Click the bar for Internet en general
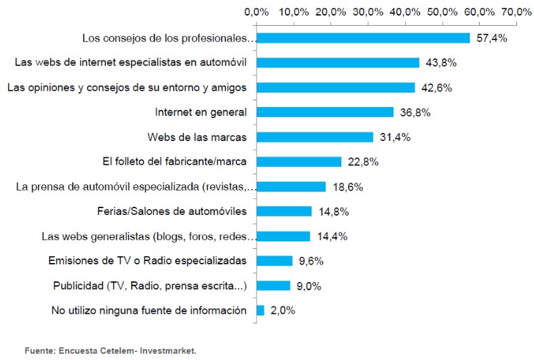324,113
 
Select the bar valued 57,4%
363,38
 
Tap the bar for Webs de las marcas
315,137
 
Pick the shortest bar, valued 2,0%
260,311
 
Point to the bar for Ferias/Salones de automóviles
284,212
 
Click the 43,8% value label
441,63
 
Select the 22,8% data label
363,162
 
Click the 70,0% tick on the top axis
516,12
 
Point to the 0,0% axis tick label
256,12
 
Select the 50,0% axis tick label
442,12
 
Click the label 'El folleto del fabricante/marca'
172,162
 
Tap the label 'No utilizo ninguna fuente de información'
149,311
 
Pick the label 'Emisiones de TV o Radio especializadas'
147,261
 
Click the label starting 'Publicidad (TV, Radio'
149,286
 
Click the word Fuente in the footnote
40,351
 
